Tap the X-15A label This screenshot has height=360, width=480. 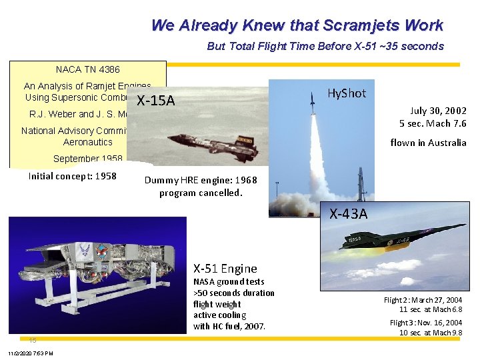tap(155, 101)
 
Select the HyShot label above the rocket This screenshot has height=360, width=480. tap(347, 93)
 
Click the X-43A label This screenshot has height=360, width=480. tap(348, 214)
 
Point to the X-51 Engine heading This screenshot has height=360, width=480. tap(225, 269)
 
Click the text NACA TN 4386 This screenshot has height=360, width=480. tap(87, 69)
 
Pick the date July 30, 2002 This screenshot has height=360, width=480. tap(438, 111)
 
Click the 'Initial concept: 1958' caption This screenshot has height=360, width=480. tap(72, 177)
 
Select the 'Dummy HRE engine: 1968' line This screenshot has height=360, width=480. tap(201, 180)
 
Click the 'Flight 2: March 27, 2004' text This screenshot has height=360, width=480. tap(423, 300)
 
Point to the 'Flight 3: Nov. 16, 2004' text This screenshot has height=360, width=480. tap(425, 323)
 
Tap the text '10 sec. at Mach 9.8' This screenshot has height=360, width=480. tap(431, 333)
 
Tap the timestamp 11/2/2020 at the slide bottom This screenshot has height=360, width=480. tap(31, 353)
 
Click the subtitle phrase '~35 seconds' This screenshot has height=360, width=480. tap(417, 46)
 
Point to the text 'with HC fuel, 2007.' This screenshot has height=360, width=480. tap(229, 326)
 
